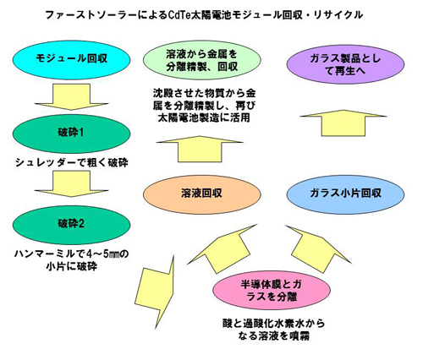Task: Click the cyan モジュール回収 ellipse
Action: [x=71, y=59]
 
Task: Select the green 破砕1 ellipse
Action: [x=71, y=134]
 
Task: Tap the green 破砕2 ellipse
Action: [x=71, y=225]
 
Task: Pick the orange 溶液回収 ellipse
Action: [x=202, y=194]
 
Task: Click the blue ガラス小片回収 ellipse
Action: [x=345, y=194]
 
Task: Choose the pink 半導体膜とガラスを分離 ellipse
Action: [x=272, y=290]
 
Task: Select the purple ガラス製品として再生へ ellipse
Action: [x=345, y=64]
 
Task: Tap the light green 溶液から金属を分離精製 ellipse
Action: [x=202, y=60]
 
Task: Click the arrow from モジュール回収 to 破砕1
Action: [x=71, y=96]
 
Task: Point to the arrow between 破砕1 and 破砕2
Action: [x=71, y=183]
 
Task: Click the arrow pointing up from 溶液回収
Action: [x=200, y=150]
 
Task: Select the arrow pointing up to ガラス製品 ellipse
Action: [x=343, y=123]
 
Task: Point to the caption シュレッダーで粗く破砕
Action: [x=72, y=163]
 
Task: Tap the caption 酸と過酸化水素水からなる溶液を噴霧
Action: [x=273, y=330]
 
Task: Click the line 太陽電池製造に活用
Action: [x=204, y=117]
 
